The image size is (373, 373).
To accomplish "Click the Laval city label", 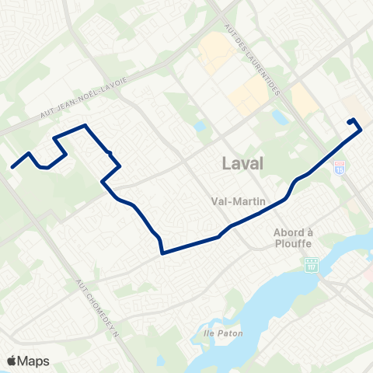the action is [242, 164].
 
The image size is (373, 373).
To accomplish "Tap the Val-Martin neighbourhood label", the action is [239, 200].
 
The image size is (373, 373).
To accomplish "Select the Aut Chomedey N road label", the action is [97, 304].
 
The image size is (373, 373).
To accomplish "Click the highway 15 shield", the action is [339, 166].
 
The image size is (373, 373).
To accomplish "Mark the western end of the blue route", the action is [12, 165].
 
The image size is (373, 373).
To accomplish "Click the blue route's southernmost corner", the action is [162, 253].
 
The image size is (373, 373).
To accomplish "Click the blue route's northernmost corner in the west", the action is [84, 125].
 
